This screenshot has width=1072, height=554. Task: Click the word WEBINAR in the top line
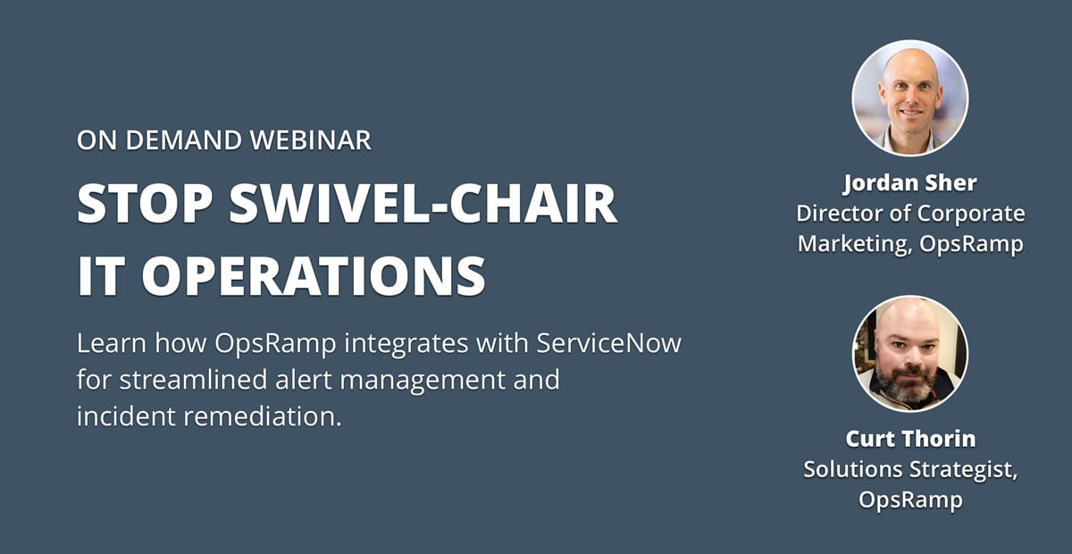tap(310, 140)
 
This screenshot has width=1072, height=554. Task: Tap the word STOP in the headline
tap(145, 203)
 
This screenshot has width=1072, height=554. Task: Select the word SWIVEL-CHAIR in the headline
tap(423, 203)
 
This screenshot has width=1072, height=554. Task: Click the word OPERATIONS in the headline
tap(314, 276)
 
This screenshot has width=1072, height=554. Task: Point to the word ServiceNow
tap(608, 343)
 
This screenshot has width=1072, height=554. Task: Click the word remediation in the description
tap(263, 416)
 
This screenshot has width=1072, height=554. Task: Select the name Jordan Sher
tap(910, 183)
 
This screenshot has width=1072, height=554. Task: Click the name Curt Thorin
tap(910, 439)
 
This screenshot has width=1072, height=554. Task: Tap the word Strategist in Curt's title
tap(963, 469)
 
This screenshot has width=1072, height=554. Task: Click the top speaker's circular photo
tap(910, 98)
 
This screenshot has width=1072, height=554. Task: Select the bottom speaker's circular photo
tap(910, 353)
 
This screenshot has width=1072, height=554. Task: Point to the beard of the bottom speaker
tap(908, 384)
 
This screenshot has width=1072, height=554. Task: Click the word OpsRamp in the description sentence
tap(275, 344)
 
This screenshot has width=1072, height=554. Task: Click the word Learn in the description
tap(112, 343)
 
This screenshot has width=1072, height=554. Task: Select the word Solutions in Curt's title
tap(853, 469)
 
